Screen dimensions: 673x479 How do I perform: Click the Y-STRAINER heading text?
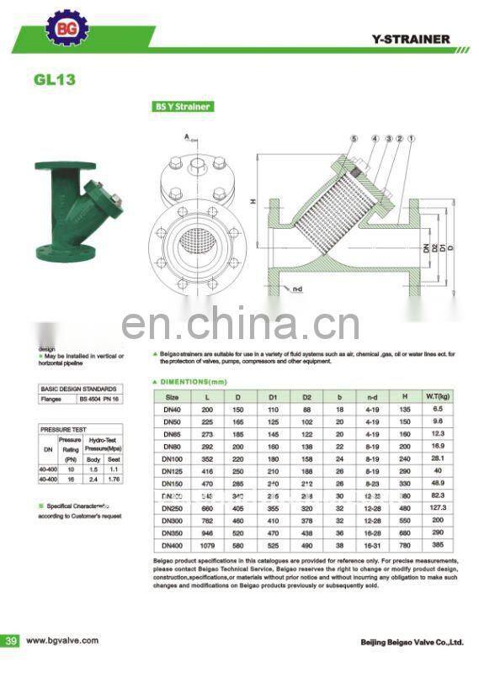point(412,40)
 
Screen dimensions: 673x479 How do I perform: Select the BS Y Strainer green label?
point(182,107)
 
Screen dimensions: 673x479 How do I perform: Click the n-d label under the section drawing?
point(295,289)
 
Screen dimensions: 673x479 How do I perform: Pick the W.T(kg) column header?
point(437,395)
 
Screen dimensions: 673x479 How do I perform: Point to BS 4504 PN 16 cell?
point(100,400)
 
